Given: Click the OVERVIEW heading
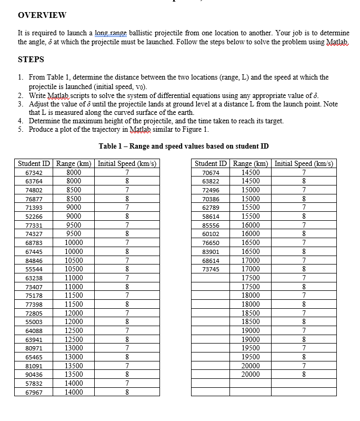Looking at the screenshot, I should point(42,15).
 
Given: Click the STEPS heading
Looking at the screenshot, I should point(31,59).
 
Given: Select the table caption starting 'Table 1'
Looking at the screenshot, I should point(184,146).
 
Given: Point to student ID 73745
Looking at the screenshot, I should point(211,269).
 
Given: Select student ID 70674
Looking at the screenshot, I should point(211,173).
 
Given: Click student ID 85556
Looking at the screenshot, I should point(211,225).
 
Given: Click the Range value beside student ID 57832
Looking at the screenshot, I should point(73,383).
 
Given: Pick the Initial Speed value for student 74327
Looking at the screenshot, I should point(127,233).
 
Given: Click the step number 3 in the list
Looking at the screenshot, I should point(20,104).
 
